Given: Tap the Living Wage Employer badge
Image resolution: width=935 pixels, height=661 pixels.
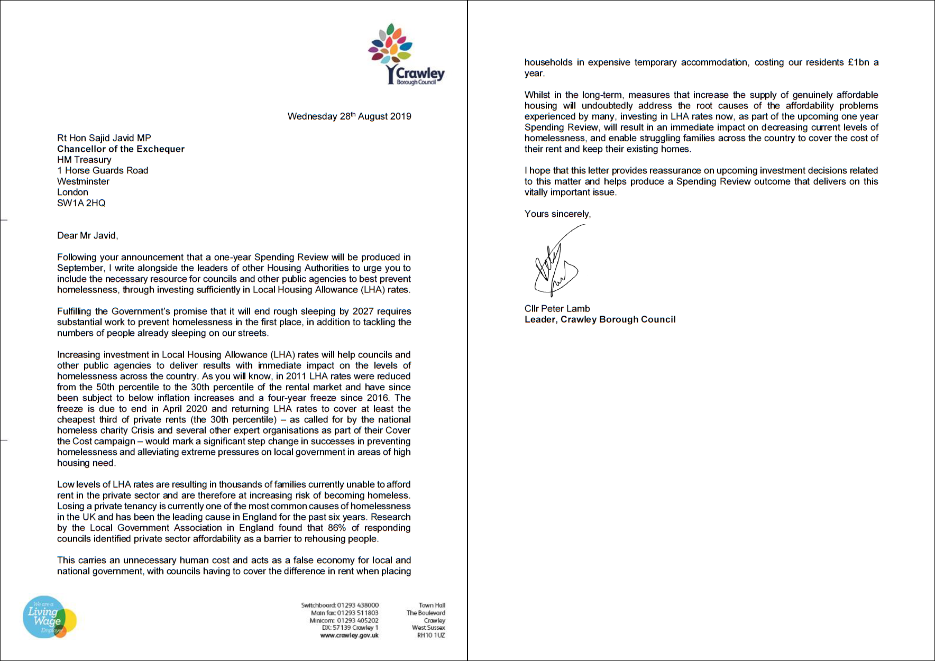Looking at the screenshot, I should (x=49, y=617).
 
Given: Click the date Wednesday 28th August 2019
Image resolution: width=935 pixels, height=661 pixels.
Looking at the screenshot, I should (x=349, y=116).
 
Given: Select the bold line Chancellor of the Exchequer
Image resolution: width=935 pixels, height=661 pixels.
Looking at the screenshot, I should (x=121, y=149).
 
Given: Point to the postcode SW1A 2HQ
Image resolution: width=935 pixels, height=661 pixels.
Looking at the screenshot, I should (x=81, y=203).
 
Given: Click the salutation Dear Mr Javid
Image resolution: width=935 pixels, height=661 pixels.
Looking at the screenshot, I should (x=87, y=236).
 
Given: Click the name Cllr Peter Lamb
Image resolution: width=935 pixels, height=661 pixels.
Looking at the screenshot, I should (x=557, y=309).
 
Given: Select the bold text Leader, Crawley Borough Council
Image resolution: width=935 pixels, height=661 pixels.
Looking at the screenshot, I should (x=600, y=319).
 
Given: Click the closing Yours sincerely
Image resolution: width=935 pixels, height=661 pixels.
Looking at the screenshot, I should (x=557, y=214).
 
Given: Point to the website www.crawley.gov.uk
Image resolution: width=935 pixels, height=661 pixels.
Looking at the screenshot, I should (x=349, y=636).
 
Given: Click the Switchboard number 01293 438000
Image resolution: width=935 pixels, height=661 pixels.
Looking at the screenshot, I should (x=358, y=605).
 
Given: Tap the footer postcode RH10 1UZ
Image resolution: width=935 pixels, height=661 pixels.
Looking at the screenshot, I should (x=431, y=636).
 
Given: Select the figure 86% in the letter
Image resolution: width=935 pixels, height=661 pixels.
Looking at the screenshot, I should (x=337, y=528).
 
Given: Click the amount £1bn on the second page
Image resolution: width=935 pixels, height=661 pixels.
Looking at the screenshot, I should (x=858, y=62).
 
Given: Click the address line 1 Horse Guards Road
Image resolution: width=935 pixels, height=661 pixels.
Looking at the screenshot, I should (x=103, y=171).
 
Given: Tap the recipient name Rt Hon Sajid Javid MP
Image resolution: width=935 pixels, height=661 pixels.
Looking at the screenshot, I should (x=104, y=138).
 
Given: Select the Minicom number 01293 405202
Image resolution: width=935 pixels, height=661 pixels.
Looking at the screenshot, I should (x=358, y=621).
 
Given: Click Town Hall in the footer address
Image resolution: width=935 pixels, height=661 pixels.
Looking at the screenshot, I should (x=432, y=605).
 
